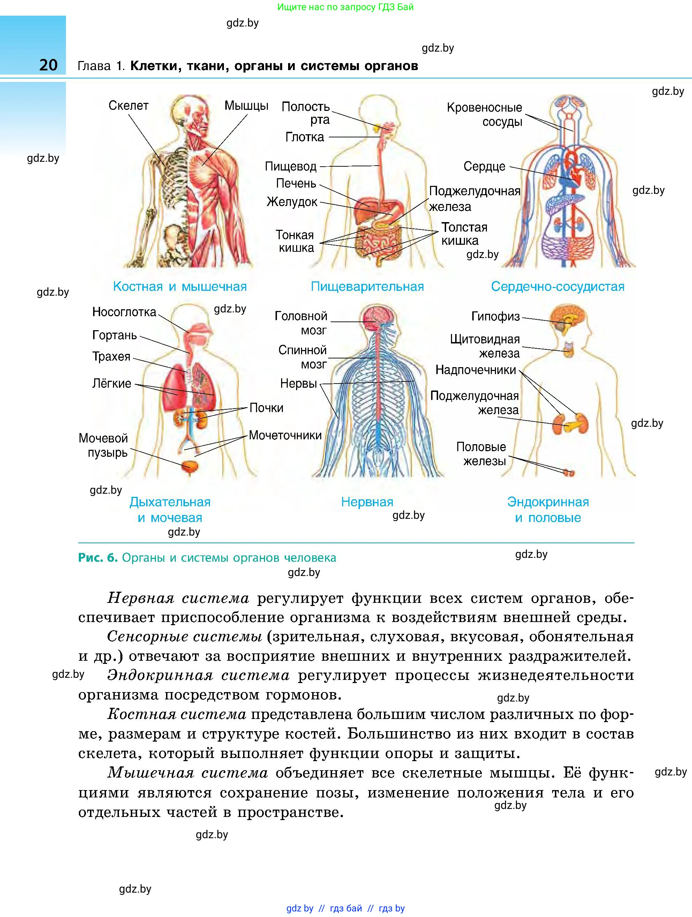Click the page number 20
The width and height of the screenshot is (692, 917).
(48, 65)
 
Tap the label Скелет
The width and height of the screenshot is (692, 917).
(128, 106)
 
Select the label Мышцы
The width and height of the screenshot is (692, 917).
(246, 106)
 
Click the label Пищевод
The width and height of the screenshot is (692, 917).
(291, 167)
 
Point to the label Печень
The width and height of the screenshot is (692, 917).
(296, 183)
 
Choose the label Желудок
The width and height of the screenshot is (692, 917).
(292, 202)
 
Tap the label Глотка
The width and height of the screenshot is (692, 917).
(305, 137)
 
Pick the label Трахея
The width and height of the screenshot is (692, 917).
(111, 357)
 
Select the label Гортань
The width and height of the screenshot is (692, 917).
(114, 335)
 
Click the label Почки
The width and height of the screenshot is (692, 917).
(266, 408)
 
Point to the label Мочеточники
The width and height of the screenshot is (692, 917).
(285, 435)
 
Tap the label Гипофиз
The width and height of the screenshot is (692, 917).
(496, 317)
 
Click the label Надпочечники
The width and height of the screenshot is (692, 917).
(475, 370)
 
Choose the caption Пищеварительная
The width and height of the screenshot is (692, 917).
(367, 287)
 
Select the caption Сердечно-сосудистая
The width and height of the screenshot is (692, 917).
(558, 287)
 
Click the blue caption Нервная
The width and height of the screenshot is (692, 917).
(367, 502)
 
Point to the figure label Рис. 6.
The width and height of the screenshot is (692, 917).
(98, 558)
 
